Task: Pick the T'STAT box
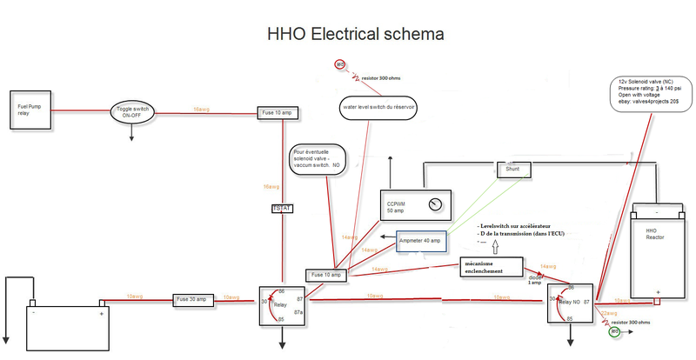coord(283,209)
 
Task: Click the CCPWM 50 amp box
coord(416,206)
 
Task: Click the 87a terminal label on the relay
coord(299,311)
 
